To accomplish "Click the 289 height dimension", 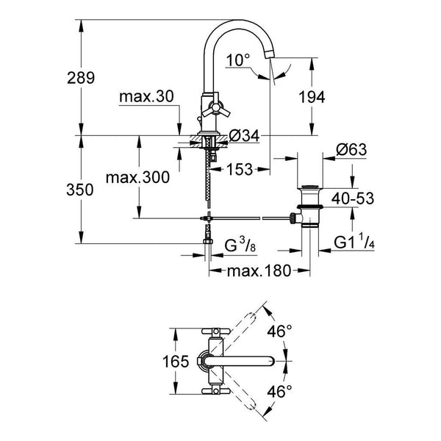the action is (81, 78).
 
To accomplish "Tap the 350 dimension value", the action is (80, 190).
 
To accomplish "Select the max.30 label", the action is (146, 97).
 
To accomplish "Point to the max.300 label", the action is (137, 177).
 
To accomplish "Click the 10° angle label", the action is (237, 60).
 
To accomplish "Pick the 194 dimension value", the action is (312, 97).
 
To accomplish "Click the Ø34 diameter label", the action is (244, 136).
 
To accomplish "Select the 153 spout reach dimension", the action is (240, 169).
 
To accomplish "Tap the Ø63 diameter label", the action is (351, 149).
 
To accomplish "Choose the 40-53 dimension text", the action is (353, 198).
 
